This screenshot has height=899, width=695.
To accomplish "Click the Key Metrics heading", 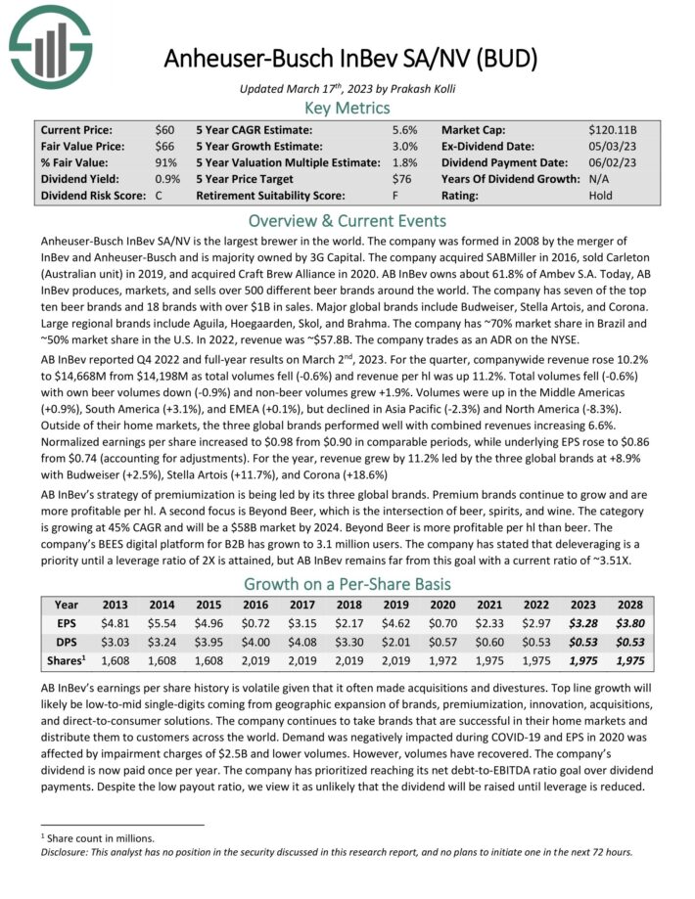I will point(347,108).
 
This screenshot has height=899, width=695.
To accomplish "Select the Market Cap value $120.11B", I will point(614,130).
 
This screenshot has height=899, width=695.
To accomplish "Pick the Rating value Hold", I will point(601,195).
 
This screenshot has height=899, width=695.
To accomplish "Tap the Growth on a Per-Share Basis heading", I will point(347,584).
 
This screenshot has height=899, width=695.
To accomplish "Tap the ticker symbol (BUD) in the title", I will point(501,58).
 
